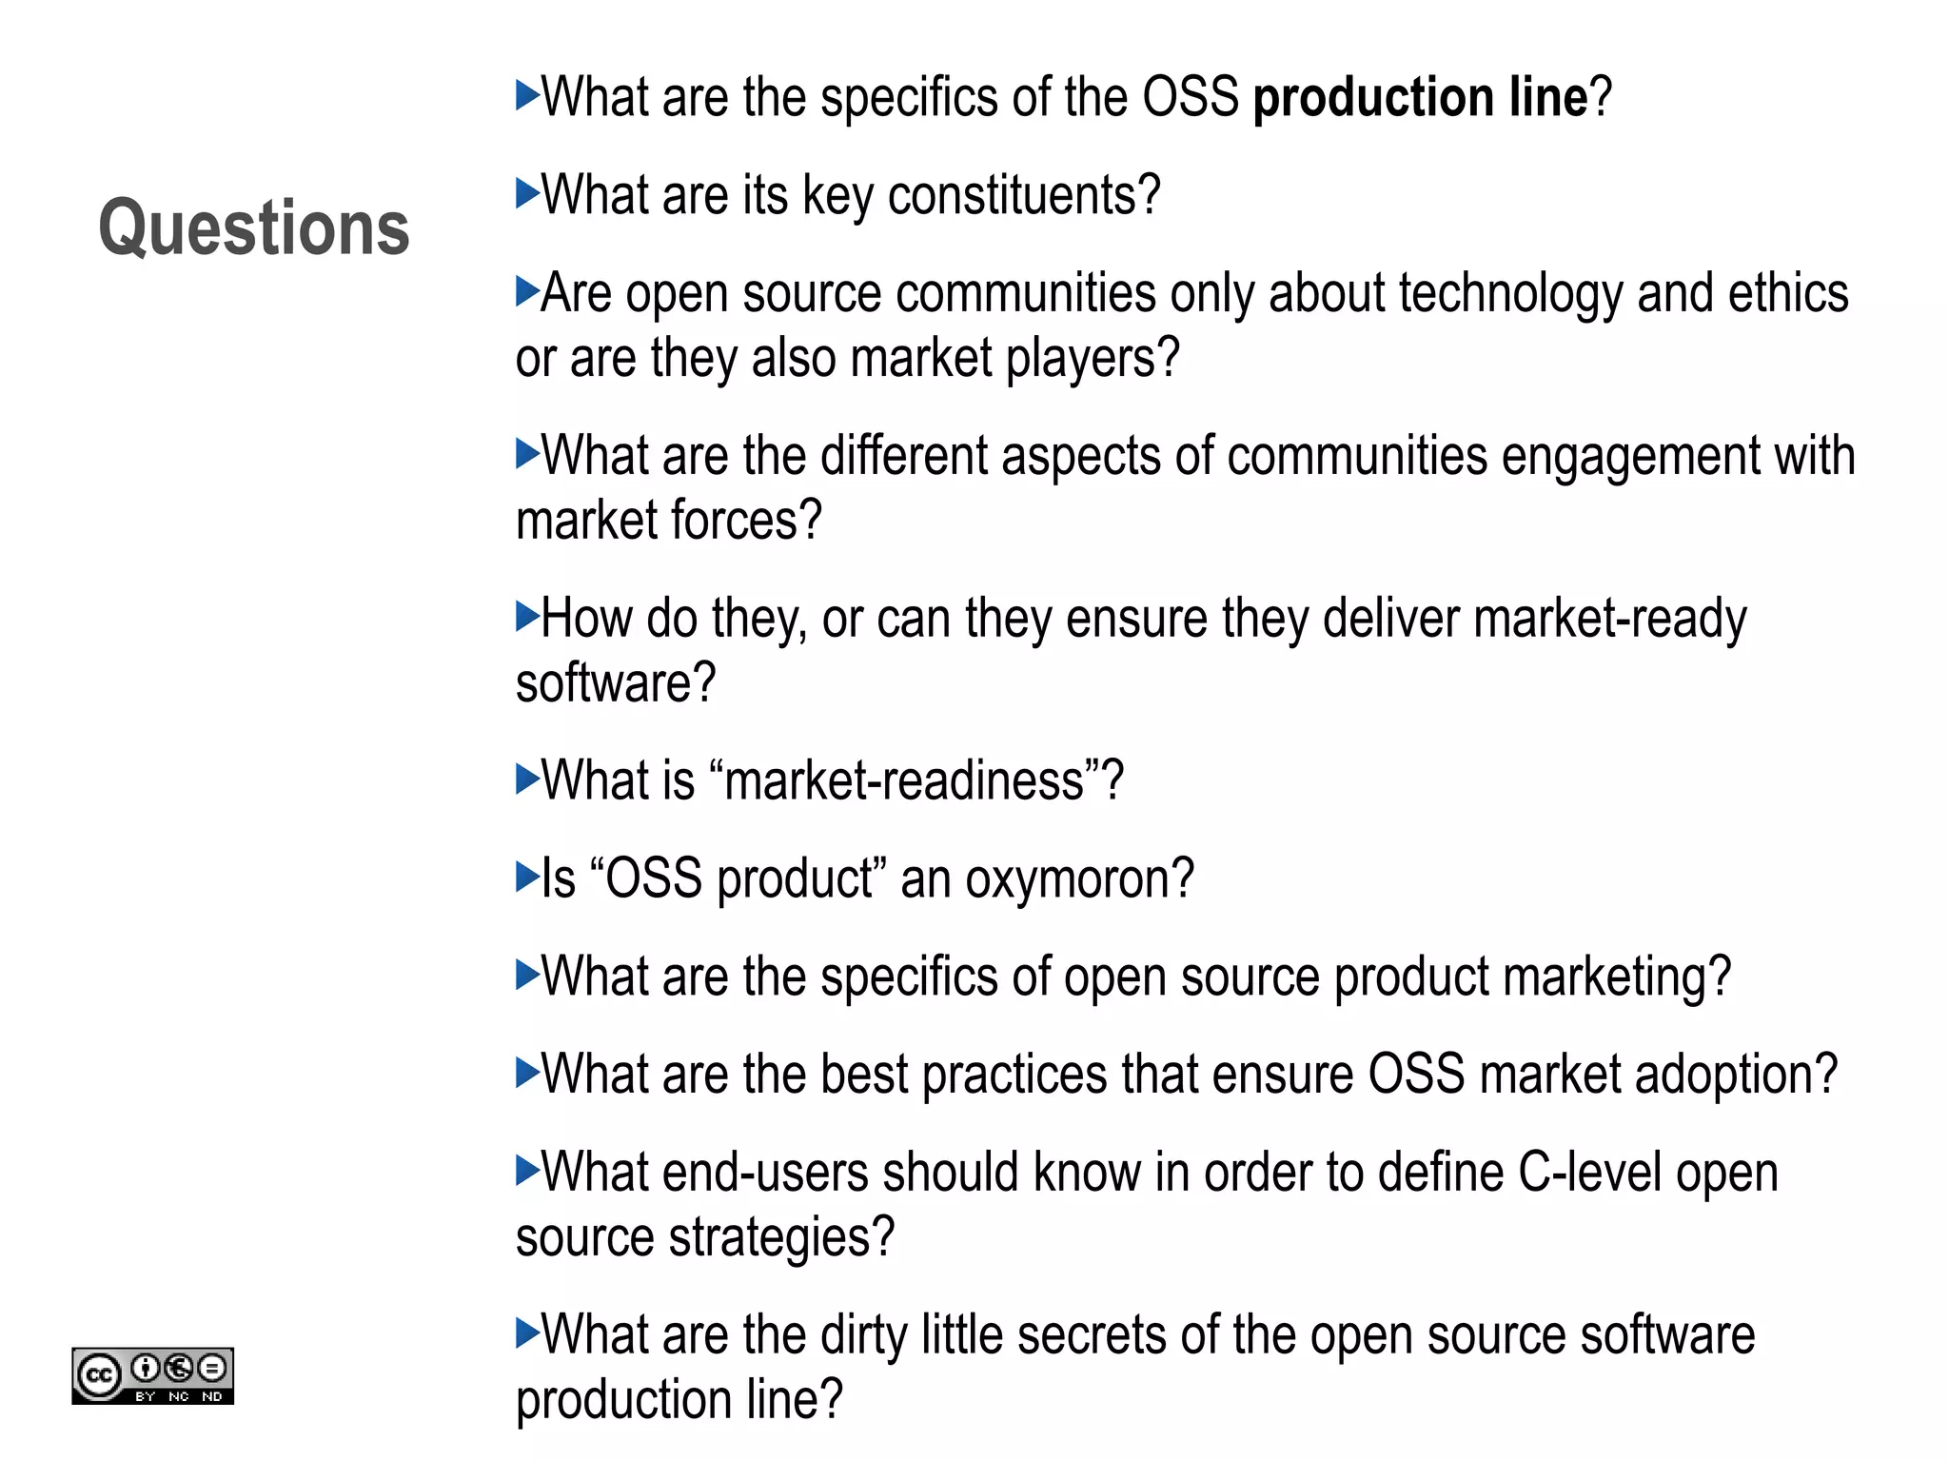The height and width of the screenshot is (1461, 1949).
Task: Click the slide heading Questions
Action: [x=254, y=228]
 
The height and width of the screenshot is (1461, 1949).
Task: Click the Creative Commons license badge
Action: [x=152, y=1375]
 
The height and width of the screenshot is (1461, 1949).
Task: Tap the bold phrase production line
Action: [x=1421, y=97]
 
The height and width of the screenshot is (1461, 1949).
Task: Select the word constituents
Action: [x=1025, y=195]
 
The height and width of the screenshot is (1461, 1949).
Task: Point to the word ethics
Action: [x=1788, y=293]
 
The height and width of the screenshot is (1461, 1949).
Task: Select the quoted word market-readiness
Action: [x=904, y=781]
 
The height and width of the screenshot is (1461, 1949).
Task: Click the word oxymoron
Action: [x=1080, y=879]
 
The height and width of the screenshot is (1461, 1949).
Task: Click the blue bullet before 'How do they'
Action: [x=527, y=617]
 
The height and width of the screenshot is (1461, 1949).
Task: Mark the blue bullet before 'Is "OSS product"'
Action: [x=527, y=877]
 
